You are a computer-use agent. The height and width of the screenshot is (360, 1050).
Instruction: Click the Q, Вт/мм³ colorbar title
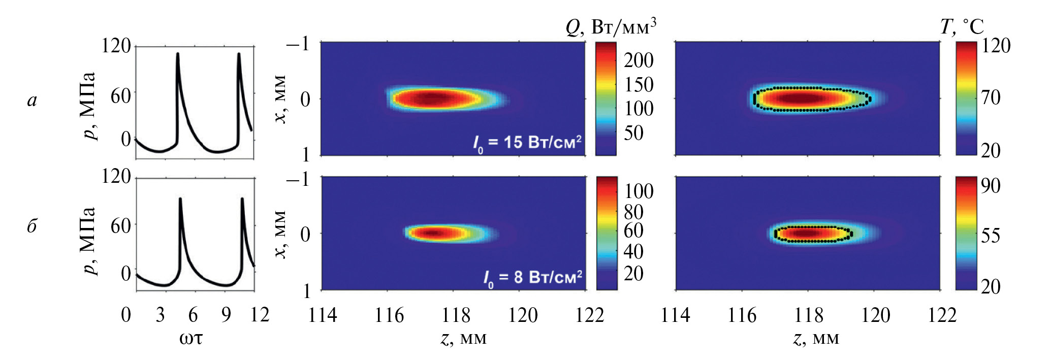click(611, 26)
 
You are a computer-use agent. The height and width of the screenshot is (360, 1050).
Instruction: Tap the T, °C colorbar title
click(962, 26)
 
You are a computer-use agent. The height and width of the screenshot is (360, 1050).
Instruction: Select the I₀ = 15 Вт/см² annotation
click(527, 143)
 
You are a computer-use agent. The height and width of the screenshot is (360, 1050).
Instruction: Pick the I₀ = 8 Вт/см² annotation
click(532, 278)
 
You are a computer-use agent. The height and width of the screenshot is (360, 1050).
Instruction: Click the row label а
click(32, 101)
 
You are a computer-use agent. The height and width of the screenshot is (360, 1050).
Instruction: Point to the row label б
click(32, 225)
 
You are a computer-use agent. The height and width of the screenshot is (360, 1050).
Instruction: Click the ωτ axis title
click(191, 338)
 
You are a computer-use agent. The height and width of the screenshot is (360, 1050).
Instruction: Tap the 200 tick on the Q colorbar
click(639, 60)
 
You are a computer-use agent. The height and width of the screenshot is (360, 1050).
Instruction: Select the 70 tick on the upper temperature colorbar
click(991, 97)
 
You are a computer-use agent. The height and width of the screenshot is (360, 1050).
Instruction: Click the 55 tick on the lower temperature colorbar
click(991, 236)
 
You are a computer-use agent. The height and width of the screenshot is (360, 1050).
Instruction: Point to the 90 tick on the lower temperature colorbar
click(991, 186)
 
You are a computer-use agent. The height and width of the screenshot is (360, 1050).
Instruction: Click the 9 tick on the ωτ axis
click(226, 315)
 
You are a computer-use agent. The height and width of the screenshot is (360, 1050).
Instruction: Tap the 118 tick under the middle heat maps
click(456, 315)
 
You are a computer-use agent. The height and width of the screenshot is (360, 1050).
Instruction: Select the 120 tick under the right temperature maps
click(875, 315)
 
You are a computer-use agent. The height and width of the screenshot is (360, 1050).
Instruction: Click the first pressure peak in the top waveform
click(177, 54)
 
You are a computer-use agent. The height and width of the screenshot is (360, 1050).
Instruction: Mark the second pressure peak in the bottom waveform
click(242, 199)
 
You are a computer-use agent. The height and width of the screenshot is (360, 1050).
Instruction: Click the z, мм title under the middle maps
click(463, 338)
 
